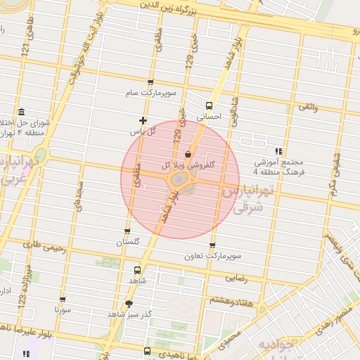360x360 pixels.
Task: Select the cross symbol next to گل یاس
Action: pyautogui.click(x=144, y=120)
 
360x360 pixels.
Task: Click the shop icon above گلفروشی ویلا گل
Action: pyautogui.click(x=188, y=154)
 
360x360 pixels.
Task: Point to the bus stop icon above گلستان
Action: pyautogui.click(x=127, y=231)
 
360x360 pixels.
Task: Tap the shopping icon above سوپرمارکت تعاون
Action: pyautogui.click(x=212, y=245)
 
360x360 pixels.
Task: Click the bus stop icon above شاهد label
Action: pyautogui.click(x=136, y=269)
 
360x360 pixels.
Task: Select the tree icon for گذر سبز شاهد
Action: pyautogui.click(x=128, y=304)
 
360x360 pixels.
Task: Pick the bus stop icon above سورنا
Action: pyautogui.click(x=57, y=297)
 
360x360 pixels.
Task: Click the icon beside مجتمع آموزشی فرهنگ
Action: pyautogui.click(x=280, y=150)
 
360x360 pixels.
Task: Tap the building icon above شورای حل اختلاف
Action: pyautogui.click(x=22, y=112)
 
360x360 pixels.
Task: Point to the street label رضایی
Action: pyautogui.click(x=236, y=278)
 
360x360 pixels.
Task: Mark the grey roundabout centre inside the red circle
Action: pyautogui.click(x=180, y=181)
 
